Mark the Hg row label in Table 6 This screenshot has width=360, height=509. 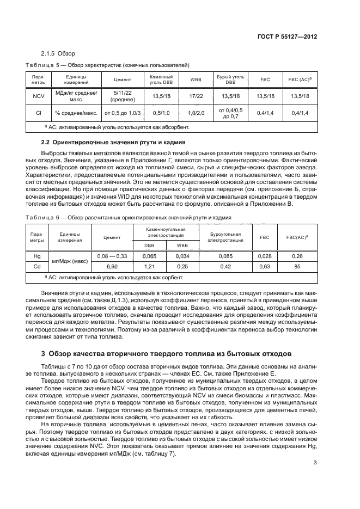37,255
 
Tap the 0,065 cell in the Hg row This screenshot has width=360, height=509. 149,255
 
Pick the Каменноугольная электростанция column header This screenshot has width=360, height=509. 166,232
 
